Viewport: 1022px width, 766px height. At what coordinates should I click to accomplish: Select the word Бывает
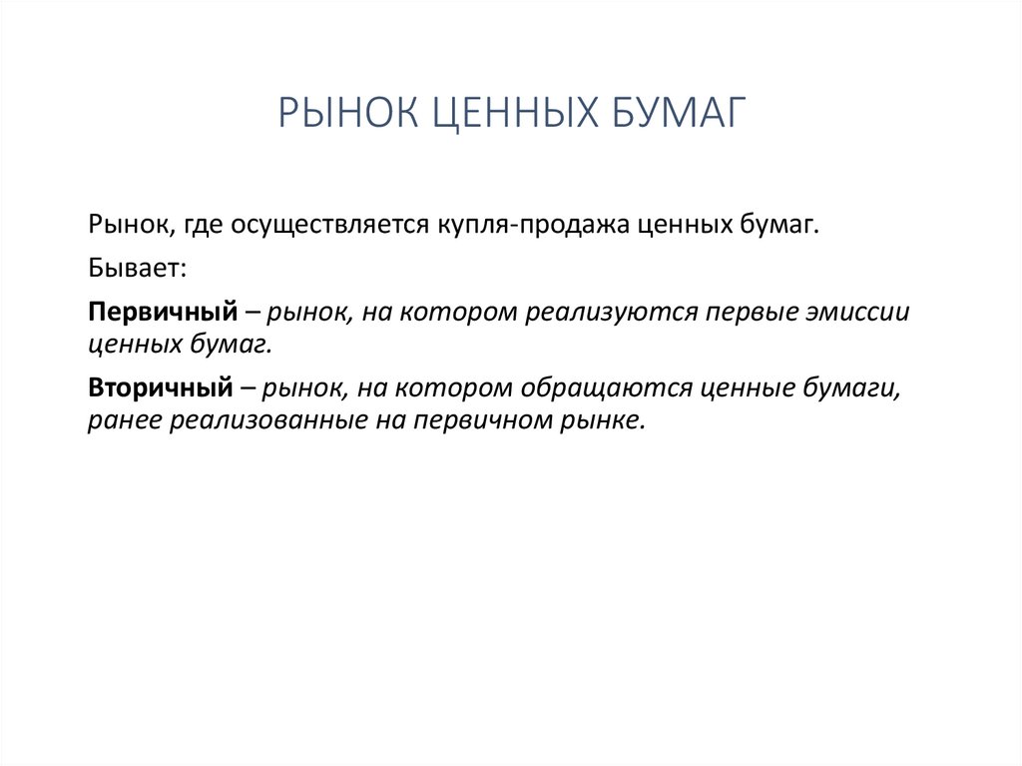tap(134, 270)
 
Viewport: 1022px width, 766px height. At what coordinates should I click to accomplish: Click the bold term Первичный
tap(160, 313)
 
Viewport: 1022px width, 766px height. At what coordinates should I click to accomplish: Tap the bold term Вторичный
tap(160, 387)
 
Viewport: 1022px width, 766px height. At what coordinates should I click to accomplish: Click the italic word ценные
tap(736, 387)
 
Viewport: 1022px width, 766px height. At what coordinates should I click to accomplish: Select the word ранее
tap(124, 419)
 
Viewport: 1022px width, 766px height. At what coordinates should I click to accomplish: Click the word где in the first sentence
tap(202, 226)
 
